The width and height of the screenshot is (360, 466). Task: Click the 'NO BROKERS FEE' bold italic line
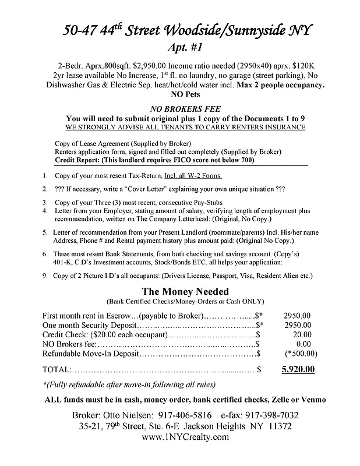pyautogui.click(x=180, y=108)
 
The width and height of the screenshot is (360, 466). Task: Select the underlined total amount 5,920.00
pyautogui.click(x=298, y=369)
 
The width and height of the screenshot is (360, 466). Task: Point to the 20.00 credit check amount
pyautogui.click(x=302, y=334)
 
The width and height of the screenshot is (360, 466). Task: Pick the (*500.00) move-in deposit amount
pyautogui.click(x=301, y=353)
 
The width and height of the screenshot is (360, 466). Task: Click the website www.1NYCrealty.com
pyautogui.click(x=180, y=437)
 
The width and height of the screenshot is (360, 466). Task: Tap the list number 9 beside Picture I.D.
pyautogui.click(x=45, y=275)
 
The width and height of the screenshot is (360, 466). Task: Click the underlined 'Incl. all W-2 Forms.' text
pyautogui.click(x=193, y=175)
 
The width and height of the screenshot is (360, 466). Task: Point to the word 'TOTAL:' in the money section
pyautogui.click(x=57, y=369)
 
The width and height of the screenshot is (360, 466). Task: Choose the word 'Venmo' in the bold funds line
pyautogui.click(x=313, y=399)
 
